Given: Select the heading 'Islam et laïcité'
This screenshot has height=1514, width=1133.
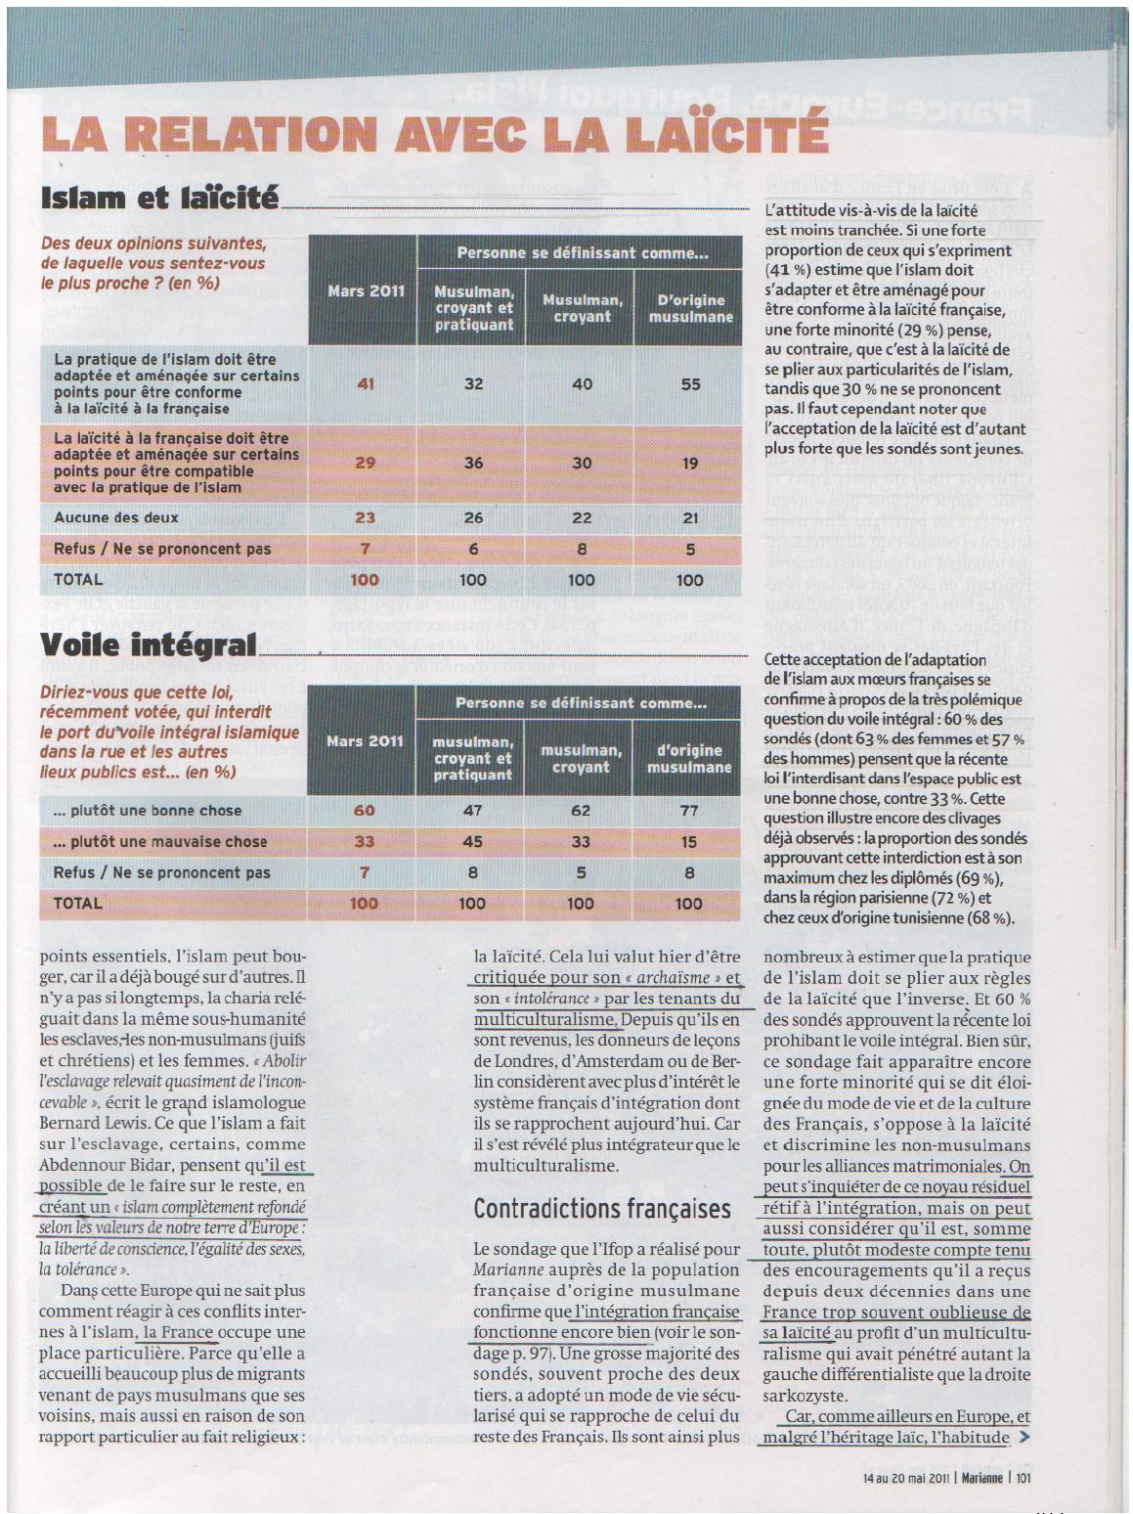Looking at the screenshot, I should point(159,199).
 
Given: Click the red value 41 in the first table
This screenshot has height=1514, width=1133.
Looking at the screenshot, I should point(365,383).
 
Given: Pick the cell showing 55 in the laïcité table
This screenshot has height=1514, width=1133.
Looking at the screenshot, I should point(690,383).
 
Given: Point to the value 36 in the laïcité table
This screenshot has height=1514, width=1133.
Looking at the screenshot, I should point(473,463).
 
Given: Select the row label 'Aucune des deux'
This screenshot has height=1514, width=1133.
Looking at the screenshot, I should point(116,517).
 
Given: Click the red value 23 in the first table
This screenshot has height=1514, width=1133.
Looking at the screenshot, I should point(365,517).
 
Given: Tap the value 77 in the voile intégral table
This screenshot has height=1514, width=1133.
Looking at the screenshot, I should point(689,810).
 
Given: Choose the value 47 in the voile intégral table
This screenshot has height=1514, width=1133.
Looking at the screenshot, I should point(472,810).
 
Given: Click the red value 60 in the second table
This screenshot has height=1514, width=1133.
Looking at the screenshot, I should point(364,810).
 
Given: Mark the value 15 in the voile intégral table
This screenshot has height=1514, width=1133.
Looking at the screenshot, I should point(689,841).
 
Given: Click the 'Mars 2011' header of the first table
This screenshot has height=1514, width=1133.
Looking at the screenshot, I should point(366,291).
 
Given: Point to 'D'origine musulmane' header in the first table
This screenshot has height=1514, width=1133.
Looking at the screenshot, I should point(690,308).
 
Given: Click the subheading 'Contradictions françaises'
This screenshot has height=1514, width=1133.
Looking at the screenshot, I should point(602,1209).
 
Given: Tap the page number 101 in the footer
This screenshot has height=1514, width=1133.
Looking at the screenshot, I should point(1023,1478).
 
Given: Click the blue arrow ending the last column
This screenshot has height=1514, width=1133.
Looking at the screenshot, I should point(1024,1438).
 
